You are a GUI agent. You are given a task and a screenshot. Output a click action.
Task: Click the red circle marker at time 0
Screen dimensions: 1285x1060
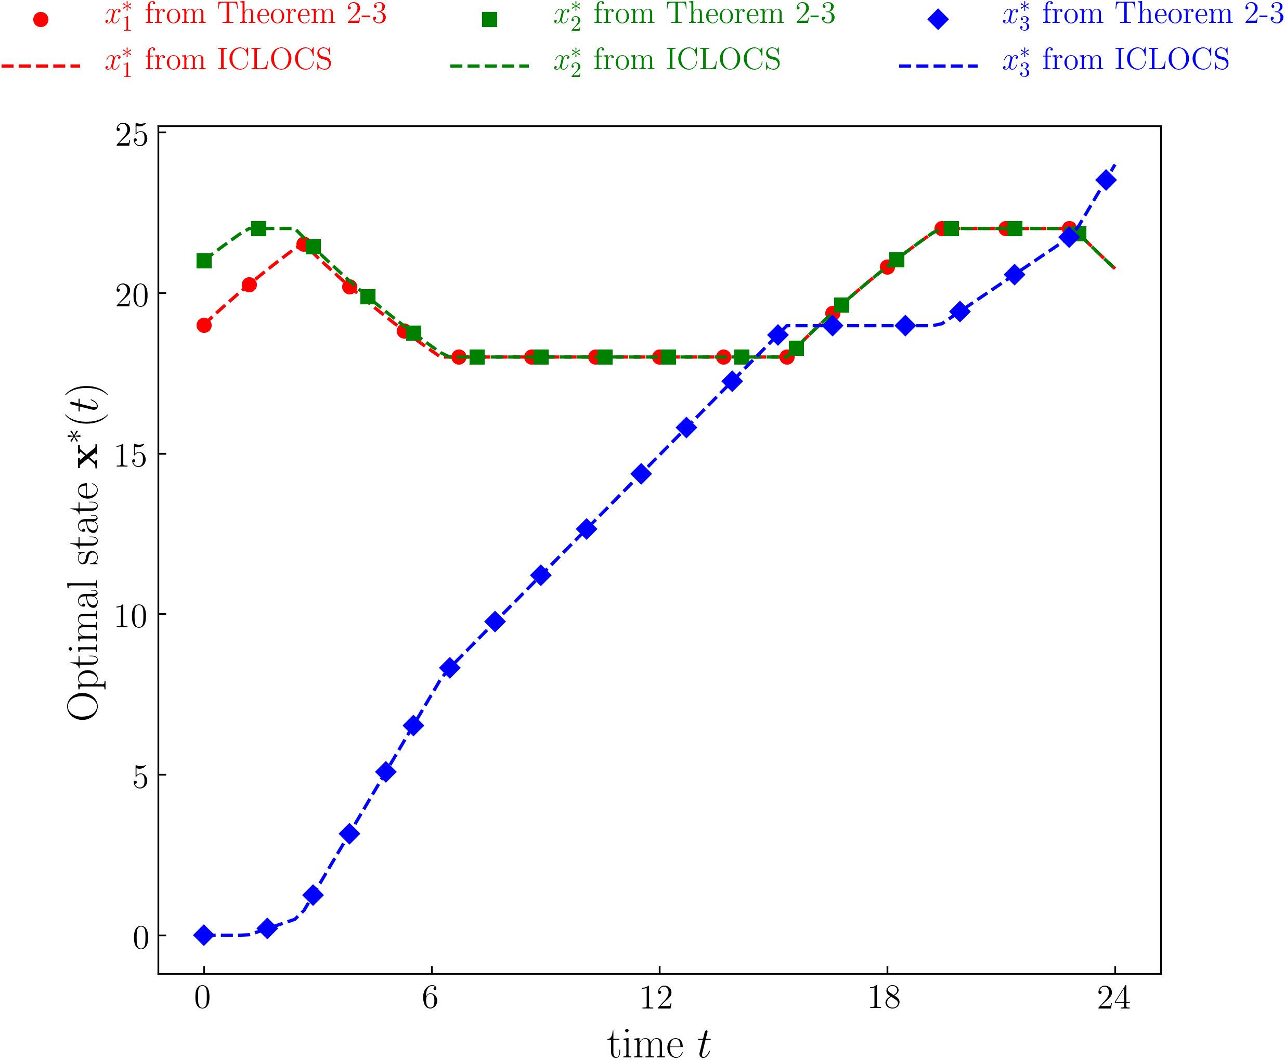click(204, 326)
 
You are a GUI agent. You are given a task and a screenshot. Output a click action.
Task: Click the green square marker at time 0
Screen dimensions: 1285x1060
click(204, 261)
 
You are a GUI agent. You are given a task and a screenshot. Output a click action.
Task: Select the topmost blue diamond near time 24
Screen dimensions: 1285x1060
click(1106, 180)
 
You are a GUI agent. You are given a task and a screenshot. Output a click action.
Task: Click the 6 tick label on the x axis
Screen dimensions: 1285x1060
click(431, 998)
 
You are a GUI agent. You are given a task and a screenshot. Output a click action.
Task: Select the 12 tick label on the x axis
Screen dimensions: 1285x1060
click(657, 998)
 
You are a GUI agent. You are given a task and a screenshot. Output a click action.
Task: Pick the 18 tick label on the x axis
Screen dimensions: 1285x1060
click(885, 998)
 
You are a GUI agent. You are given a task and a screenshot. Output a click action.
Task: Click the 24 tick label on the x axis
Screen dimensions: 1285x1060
click(1114, 998)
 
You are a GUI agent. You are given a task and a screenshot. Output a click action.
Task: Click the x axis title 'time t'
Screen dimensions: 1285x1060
click(659, 1043)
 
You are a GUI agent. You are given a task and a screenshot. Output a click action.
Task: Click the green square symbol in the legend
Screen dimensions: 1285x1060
click(489, 20)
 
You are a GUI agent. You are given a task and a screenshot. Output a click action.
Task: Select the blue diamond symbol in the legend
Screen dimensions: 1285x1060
click(938, 20)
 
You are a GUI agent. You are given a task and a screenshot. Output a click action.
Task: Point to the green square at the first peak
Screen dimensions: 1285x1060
click(259, 228)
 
